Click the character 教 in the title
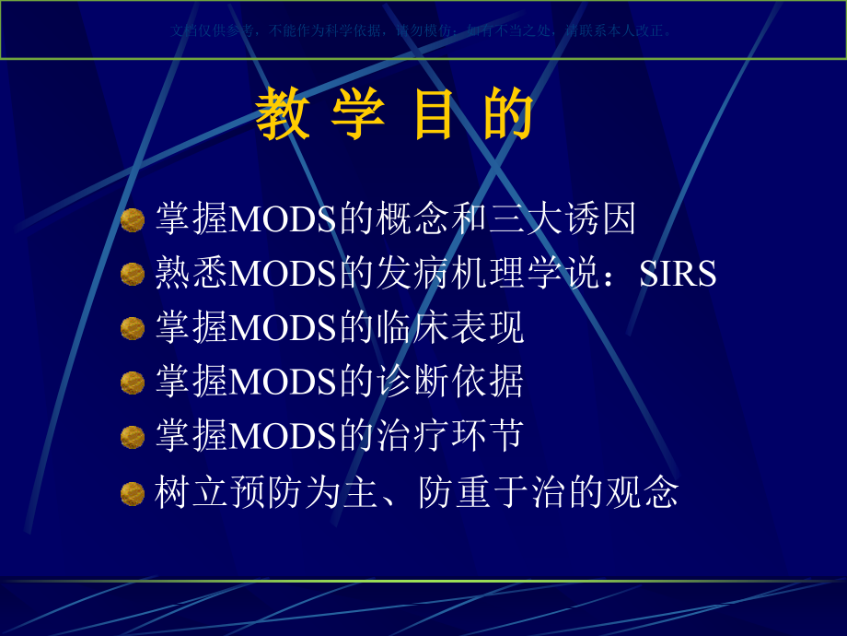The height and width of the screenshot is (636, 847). pos(283,116)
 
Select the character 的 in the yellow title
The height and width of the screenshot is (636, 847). pos(508,116)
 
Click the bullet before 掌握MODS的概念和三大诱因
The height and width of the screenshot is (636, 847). pos(133,220)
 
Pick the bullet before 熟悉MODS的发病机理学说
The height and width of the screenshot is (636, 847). pos(133,274)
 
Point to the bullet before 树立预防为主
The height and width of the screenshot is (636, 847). pos(133,493)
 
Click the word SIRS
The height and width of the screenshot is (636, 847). pos(679,274)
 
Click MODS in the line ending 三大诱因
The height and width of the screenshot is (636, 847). pos(284,220)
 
